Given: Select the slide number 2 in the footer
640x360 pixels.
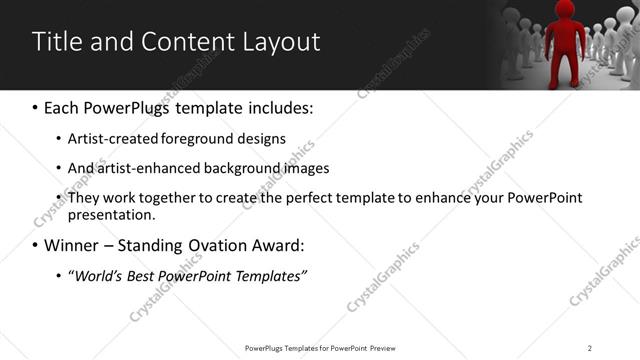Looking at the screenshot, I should [x=590, y=348].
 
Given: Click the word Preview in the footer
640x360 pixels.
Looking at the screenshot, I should [x=383, y=348].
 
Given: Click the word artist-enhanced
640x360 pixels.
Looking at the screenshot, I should [x=142, y=168].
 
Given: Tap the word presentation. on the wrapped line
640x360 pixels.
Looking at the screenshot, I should [x=111, y=215].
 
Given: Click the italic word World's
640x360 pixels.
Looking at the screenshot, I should [x=101, y=275].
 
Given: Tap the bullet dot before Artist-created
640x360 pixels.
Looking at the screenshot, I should [x=58, y=139].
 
